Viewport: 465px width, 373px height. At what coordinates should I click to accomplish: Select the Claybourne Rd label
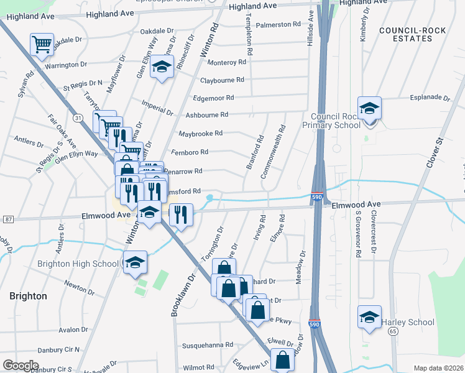[x=222, y=80]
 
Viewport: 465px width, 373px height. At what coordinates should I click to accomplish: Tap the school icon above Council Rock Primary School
[x=369, y=109]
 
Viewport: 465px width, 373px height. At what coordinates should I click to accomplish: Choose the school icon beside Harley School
[x=370, y=316]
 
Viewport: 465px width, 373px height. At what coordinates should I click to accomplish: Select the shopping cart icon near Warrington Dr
[x=42, y=45]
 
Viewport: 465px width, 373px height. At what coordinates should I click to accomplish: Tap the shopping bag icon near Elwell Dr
[x=283, y=360]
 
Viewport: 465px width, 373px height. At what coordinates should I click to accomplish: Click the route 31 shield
[x=77, y=117]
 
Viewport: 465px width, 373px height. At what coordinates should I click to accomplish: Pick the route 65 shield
[x=393, y=332]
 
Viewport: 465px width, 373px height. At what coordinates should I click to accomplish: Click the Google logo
[x=21, y=365]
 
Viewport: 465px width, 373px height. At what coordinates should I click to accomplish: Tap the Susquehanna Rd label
[x=207, y=344]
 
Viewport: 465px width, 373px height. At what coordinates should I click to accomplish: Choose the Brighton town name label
[x=28, y=296]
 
